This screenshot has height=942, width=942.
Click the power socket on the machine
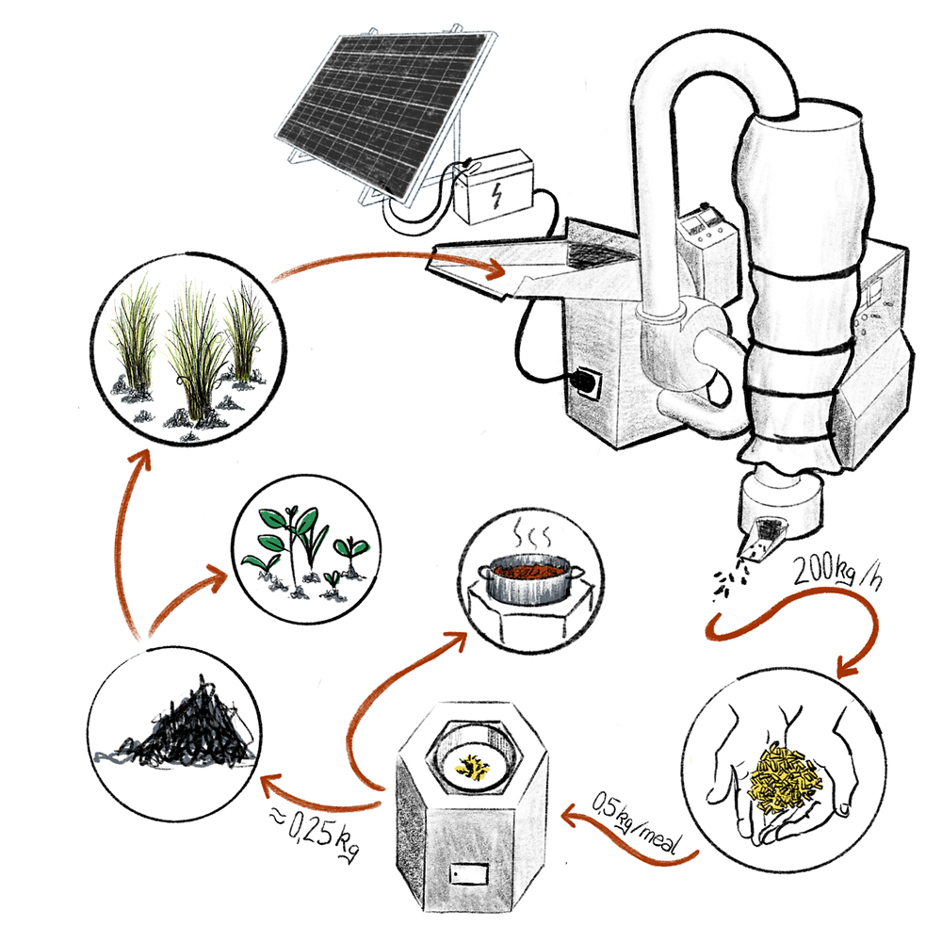(588, 382)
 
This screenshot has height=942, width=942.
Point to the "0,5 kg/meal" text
(638, 824)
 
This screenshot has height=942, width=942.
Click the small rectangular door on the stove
(469, 873)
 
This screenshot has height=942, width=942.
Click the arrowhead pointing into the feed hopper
(496, 268)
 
